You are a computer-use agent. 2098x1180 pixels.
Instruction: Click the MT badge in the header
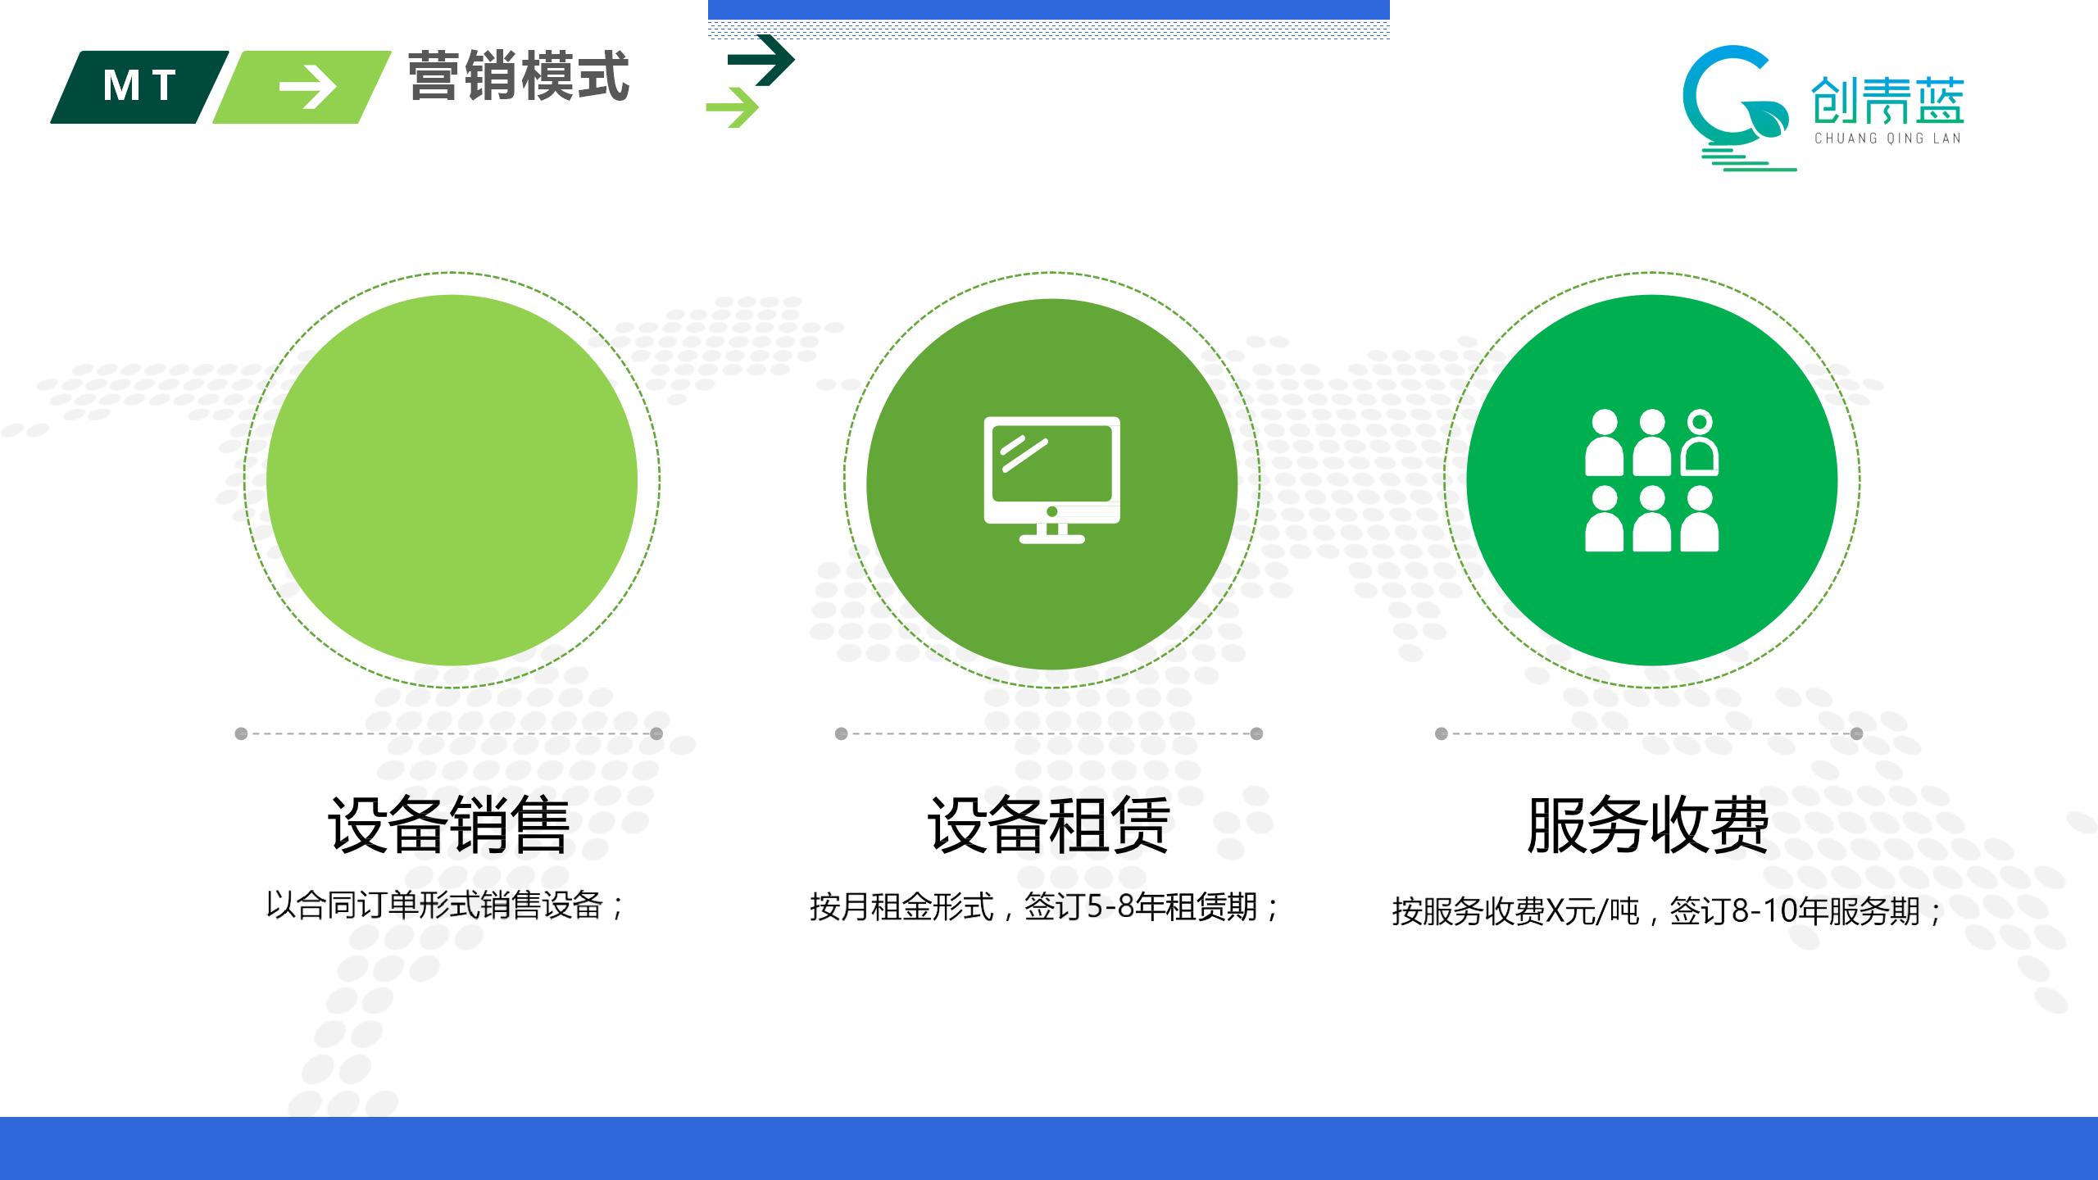(x=140, y=87)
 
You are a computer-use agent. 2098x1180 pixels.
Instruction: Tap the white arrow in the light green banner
(x=307, y=87)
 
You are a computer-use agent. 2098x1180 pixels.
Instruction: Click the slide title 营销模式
(x=519, y=76)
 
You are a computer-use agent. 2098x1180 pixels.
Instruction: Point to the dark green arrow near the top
(x=761, y=60)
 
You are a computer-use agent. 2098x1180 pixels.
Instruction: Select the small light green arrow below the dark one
(x=733, y=107)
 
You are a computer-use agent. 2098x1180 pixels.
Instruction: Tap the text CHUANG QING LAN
(x=1888, y=138)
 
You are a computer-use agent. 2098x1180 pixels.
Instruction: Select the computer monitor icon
(x=1051, y=480)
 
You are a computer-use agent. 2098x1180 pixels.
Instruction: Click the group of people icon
(x=1651, y=480)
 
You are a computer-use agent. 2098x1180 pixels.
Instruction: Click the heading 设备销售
(x=449, y=824)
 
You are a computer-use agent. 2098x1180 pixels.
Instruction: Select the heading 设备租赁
(x=1049, y=824)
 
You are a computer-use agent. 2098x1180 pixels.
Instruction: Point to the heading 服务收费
(x=1648, y=824)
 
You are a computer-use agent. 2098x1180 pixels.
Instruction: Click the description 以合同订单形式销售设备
(x=435, y=905)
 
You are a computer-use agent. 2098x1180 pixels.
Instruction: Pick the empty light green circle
(x=452, y=480)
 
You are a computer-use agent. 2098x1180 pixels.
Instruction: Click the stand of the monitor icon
(x=1051, y=533)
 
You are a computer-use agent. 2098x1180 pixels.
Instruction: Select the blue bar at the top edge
(x=1049, y=10)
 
